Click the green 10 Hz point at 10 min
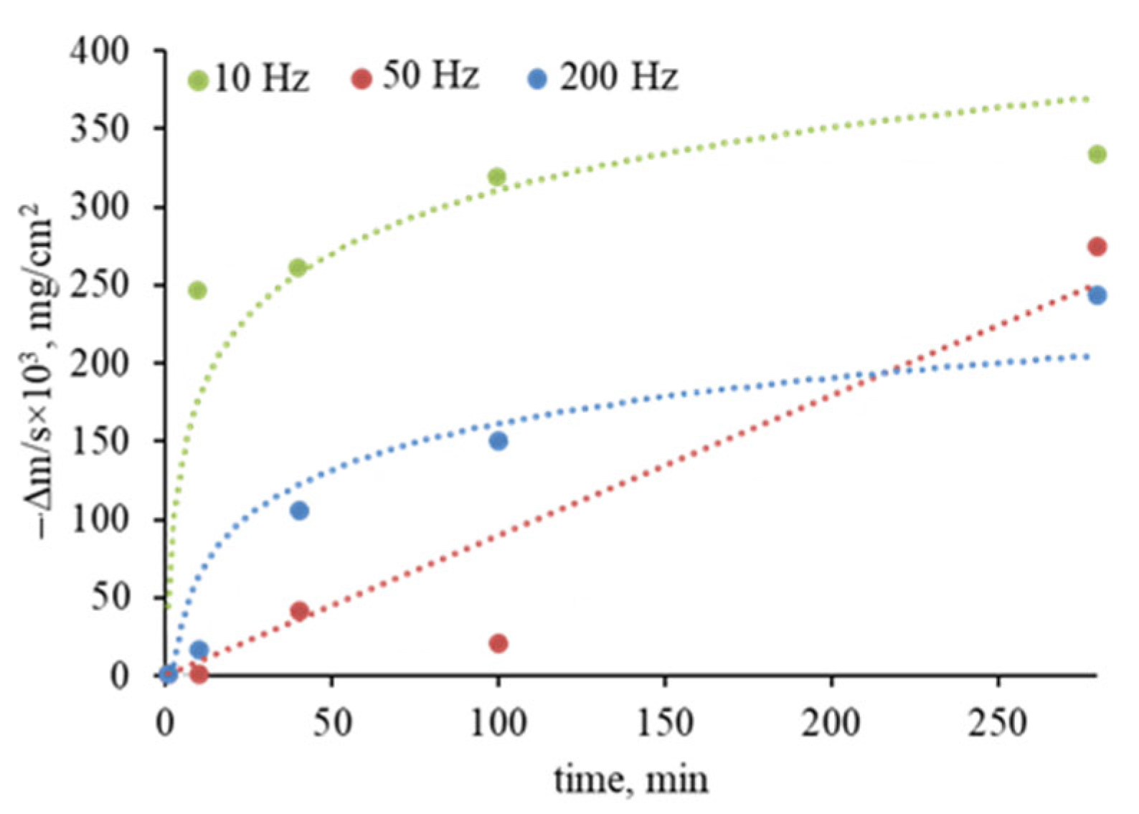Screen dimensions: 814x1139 pyautogui.click(x=197, y=290)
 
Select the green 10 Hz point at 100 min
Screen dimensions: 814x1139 pyautogui.click(x=496, y=176)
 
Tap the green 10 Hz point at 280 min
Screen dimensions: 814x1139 pyautogui.click(x=1097, y=154)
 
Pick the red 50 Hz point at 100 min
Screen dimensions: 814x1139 pyautogui.click(x=498, y=643)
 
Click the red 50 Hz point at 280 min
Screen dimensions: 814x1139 pyautogui.click(x=1097, y=247)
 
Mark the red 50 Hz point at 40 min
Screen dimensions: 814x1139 pyautogui.click(x=299, y=611)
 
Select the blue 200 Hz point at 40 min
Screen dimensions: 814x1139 pyautogui.click(x=299, y=511)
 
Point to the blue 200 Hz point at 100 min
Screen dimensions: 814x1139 pyautogui.click(x=498, y=441)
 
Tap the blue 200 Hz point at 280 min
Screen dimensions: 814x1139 pyautogui.click(x=1097, y=295)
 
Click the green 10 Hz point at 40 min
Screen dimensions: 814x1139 pyautogui.click(x=298, y=268)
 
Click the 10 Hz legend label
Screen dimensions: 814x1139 pyautogui.click(x=262, y=78)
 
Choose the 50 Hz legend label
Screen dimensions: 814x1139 pyautogui.click(x=430, y=75)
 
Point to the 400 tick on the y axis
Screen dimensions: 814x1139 pyautogui.click(x=99, y=52)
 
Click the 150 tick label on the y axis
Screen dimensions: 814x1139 pyautogui.click(x=99, y=441)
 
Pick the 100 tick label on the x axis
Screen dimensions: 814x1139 pyautogui.click(x=498, y=723)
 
